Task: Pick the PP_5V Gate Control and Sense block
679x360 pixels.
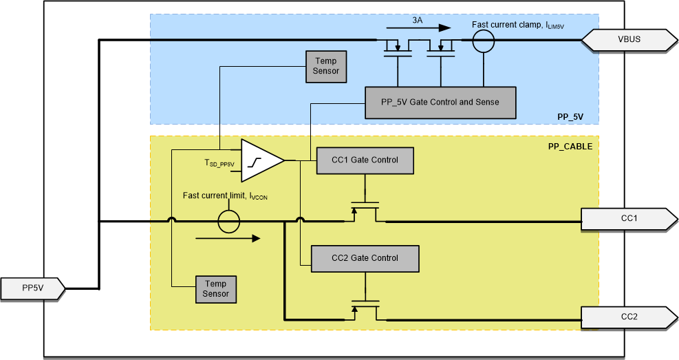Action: [x=440, y=103]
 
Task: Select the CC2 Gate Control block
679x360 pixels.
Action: [x=365, y=258]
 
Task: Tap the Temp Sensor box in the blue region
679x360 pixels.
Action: [x=327, y=66]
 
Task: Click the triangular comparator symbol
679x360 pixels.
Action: [x=261, y=160]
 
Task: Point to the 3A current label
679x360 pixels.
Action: [x=418, y=21]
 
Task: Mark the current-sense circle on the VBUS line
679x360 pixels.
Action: [x=483, y=41]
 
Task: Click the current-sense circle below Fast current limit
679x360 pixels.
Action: [x=228, y=222]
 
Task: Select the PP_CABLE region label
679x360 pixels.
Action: [x=570, y=146]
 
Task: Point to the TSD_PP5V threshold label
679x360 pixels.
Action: [x=219, y=164]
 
